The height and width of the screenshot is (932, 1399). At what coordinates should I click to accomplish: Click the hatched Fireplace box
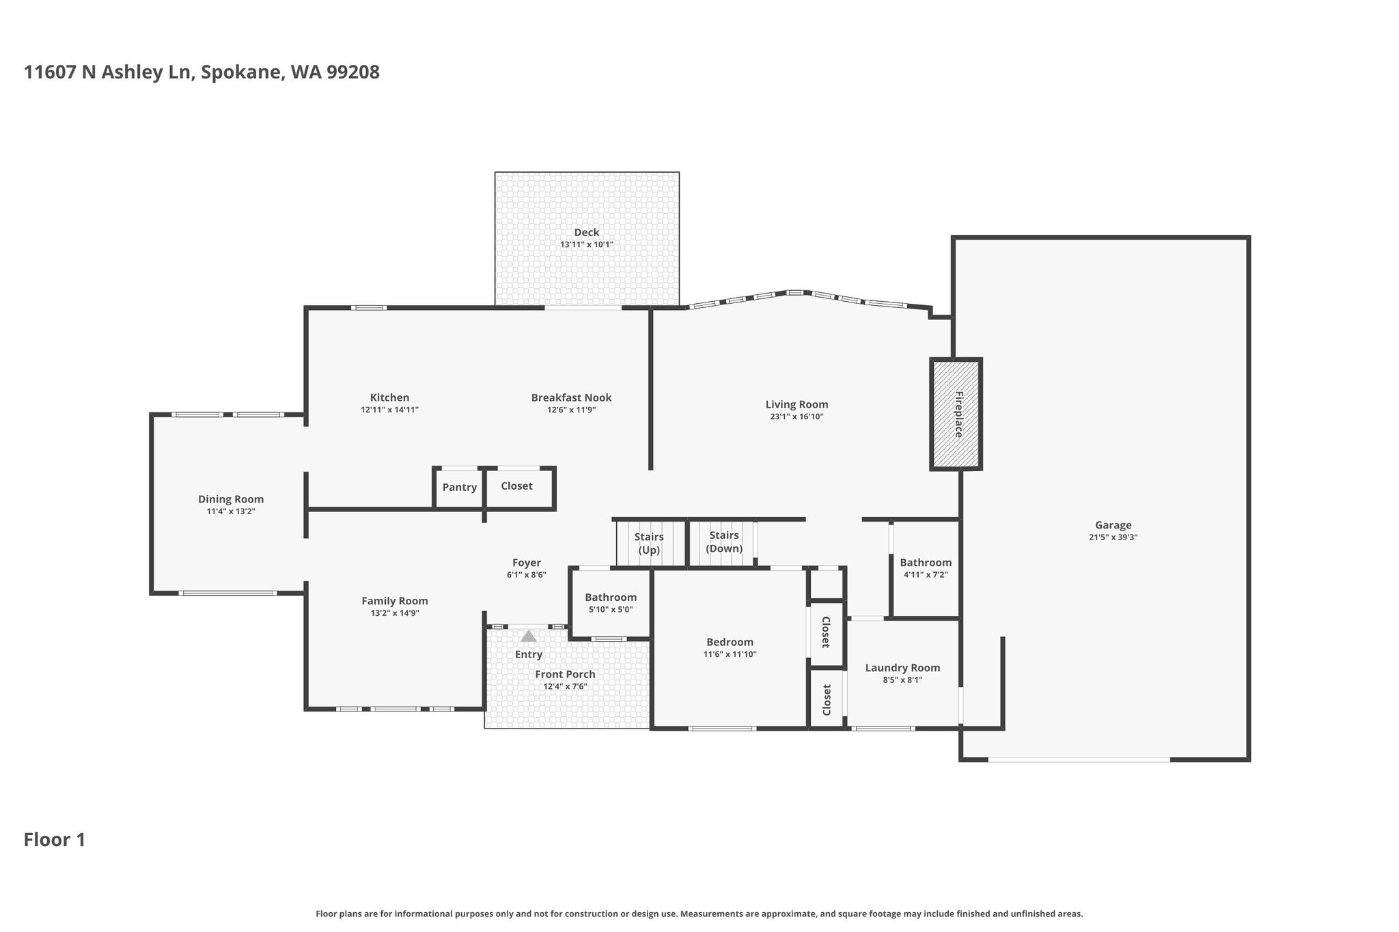(x=956, y=414)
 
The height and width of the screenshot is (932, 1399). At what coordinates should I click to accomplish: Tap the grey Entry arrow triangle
(x=529, y=636)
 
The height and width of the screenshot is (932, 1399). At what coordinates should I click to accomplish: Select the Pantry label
(x=460, y=488)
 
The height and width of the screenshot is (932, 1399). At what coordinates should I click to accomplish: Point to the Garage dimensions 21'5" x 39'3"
(x=1113, y=537)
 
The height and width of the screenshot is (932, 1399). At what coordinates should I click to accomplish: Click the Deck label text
(x=587, y=233)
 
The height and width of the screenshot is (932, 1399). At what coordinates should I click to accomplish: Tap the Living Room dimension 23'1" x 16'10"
(x=797, y=416)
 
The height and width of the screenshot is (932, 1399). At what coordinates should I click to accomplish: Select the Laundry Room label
(x=902, y=668)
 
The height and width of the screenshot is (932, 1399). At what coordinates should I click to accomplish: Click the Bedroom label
(x=730, y=642)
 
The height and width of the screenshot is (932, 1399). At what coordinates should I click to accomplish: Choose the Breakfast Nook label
(x=572, y=398)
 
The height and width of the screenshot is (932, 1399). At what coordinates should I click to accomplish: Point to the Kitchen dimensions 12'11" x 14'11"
(x=389, y=410)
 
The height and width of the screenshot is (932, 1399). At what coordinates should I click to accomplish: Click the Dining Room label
(x=231, y=500)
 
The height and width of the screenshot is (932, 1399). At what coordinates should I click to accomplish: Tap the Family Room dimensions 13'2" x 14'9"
(x=395, y=613)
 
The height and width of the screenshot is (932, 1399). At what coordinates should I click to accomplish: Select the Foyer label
(x=527, y=563)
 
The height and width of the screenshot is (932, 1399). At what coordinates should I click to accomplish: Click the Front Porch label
(x=565, y=675)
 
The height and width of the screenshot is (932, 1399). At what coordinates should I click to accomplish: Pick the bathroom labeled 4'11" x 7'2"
(x=926, y=569)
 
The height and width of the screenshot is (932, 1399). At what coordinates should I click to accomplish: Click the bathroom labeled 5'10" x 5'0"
(x=610, y=604)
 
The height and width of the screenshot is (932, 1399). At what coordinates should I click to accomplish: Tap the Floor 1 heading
(x=55, y=840)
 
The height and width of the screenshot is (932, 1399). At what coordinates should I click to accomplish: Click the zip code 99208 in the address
(x=353, y=72)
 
